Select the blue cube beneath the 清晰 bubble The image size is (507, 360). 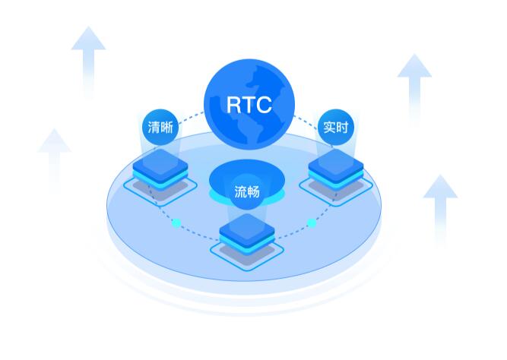(160, 171)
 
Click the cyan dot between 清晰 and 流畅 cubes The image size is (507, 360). (176, 223)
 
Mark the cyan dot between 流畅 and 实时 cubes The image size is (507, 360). (311, 223)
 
